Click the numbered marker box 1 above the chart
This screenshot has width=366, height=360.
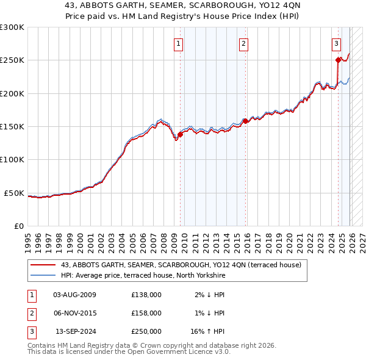point(178,43)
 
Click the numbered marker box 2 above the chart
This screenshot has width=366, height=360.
point(243,43)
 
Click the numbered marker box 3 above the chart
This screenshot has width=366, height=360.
point(336,43)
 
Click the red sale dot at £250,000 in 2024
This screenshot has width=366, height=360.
point(338,60)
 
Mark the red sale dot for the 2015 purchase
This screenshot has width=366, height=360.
point(245,121)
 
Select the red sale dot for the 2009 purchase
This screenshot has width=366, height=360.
point(181,135)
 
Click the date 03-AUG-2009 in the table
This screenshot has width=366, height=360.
point(74,295)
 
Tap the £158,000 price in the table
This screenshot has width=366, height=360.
point(146,313)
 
